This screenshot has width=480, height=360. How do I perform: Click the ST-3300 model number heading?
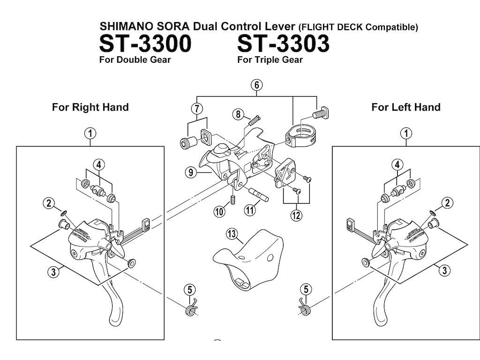coord(145,44)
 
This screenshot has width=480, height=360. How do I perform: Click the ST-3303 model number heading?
coord(283,44)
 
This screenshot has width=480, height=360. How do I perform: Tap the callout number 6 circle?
coord(256,85)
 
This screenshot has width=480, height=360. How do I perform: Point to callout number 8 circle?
coord(238,114)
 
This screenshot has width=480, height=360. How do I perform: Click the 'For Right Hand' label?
coord(90,107)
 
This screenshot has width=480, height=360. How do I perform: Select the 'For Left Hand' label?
coord(405,107)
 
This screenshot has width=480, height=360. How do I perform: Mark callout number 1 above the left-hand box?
coord(406,133)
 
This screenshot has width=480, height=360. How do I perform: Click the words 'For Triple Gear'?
coord(270,60)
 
